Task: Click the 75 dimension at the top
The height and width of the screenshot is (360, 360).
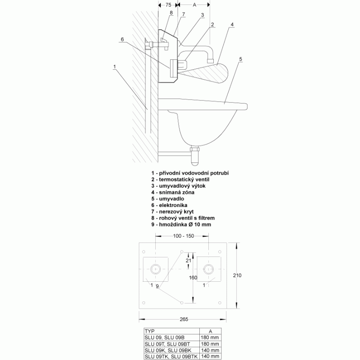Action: (168, 5)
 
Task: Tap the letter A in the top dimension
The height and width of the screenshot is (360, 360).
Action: (194, 5)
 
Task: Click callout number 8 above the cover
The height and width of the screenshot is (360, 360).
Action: (171, 13)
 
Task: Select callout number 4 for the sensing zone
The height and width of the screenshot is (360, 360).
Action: (232, 24)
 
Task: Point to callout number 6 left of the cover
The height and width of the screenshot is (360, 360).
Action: (122, 39)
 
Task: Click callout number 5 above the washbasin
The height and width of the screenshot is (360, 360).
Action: (241, 59)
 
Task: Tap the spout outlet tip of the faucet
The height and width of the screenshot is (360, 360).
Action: (210, 61)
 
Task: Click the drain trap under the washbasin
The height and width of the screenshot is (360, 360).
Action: (195, 156)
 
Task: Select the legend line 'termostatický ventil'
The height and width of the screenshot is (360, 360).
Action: (180, 180)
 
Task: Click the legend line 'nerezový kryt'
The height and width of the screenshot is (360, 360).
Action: (172, 211)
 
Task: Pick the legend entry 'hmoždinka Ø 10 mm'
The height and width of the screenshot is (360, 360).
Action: (181, 225)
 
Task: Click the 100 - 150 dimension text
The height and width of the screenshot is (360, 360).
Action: (184, 236)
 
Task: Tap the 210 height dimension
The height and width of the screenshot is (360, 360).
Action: (237, 275)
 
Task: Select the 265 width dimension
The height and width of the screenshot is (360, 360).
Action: (184, 319)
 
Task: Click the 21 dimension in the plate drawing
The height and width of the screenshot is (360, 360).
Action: (189, 261)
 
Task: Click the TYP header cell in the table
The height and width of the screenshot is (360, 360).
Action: (172, 331)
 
